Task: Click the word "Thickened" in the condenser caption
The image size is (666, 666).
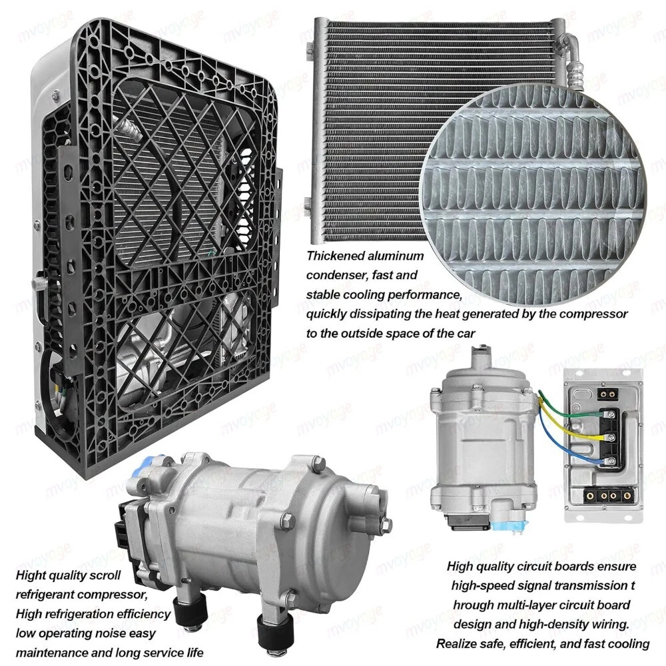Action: tap(335, 256)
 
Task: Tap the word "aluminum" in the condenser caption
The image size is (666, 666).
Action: tap(396, 256)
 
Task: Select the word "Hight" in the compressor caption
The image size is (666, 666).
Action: tap(31, 576)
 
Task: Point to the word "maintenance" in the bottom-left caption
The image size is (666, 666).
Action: tap(50, 653)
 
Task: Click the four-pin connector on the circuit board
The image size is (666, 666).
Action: tap(609, 496)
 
